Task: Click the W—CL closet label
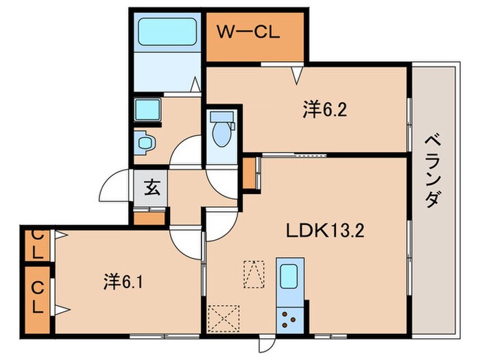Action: pos(248,32)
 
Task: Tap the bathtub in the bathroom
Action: pos(167,32)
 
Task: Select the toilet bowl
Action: pos(221,134)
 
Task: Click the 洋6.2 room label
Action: pos(325,110)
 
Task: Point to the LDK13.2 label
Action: pos(325,230)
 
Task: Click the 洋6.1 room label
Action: pos(123,282)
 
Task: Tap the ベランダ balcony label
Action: pos(433,171)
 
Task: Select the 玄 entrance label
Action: pos(152,187)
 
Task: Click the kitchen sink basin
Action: pos(289,276)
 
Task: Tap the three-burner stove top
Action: pos(289,320)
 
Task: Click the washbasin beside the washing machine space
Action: pos(145,143)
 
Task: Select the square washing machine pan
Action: pos(147,109)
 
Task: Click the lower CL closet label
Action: pos(37,297)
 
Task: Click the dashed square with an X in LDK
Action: pos(224,318)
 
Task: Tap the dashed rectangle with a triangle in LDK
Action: pos(254,274)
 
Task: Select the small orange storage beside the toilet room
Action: pos(250,173)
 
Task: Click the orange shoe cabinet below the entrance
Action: pos(149,218)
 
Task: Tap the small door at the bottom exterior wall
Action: pos(267,343)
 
